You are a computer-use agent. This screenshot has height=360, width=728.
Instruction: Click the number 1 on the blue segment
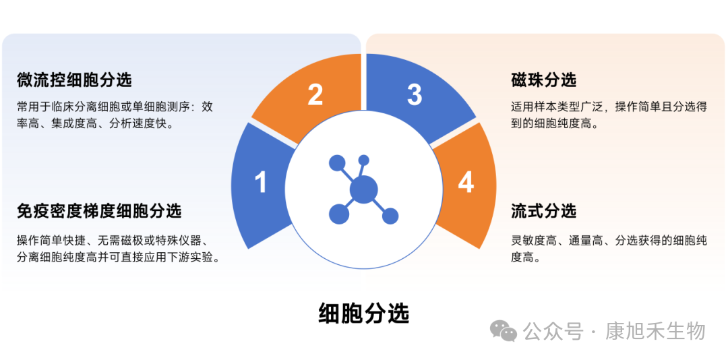(x=262, y=182)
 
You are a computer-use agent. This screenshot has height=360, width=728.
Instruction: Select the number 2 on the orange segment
(x=315, y=94)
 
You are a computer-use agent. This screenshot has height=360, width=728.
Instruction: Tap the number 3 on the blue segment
(x=414, y=94)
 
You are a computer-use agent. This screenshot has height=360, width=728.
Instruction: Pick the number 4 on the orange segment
(x=466, y=182)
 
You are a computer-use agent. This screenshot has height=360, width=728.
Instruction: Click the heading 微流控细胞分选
(x=74, y=80)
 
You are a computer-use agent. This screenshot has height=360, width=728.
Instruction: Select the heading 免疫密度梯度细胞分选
(x=99, y=211)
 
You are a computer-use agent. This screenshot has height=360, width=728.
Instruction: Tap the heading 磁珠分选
(x=543, y=80)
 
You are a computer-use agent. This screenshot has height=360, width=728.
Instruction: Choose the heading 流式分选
(x=543, y=211)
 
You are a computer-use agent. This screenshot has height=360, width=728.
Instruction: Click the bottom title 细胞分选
(x=364, y=313)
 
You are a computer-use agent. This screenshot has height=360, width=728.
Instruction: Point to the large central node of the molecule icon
(x=363, y=189)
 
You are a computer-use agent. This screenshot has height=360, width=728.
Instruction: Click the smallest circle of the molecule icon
(x=364, y=160)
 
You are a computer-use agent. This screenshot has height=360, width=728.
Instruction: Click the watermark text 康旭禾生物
(x=655, y=331)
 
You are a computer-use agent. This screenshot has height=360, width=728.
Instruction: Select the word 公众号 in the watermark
(x=553, y=331)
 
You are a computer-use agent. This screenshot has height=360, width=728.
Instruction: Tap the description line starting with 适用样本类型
(x=609, y=107)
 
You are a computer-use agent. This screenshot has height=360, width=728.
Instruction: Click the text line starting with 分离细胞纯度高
(x=118, y=258)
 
